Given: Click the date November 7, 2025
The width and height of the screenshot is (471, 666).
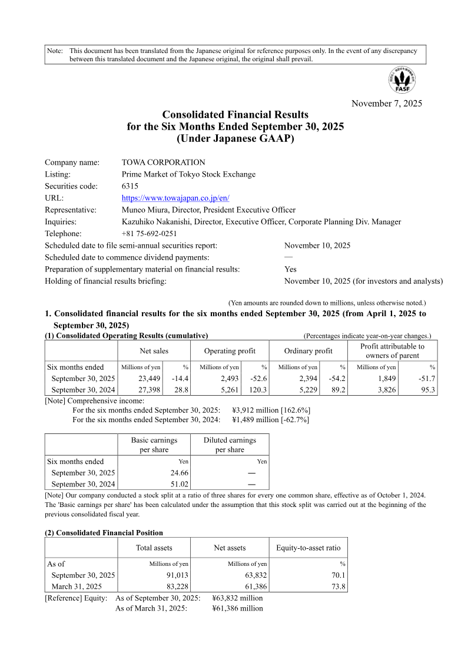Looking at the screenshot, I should click(x=386, y=104).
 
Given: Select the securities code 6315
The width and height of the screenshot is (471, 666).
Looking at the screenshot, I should click(x=130, y=186).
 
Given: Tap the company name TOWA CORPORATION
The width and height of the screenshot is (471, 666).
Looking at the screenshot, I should click(x=163, y=163).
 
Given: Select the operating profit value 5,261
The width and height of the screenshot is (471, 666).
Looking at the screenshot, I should click(x=228, y=390).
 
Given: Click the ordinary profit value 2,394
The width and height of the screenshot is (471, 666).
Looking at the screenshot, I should click(x=307, y=379).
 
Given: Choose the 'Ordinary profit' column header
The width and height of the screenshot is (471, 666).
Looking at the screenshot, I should click(x=308, y=351).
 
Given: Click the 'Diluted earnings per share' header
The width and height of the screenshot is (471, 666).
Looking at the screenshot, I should click(x=230, y=445).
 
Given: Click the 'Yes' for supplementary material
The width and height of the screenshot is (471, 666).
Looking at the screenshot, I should click(x=290, y=269).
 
